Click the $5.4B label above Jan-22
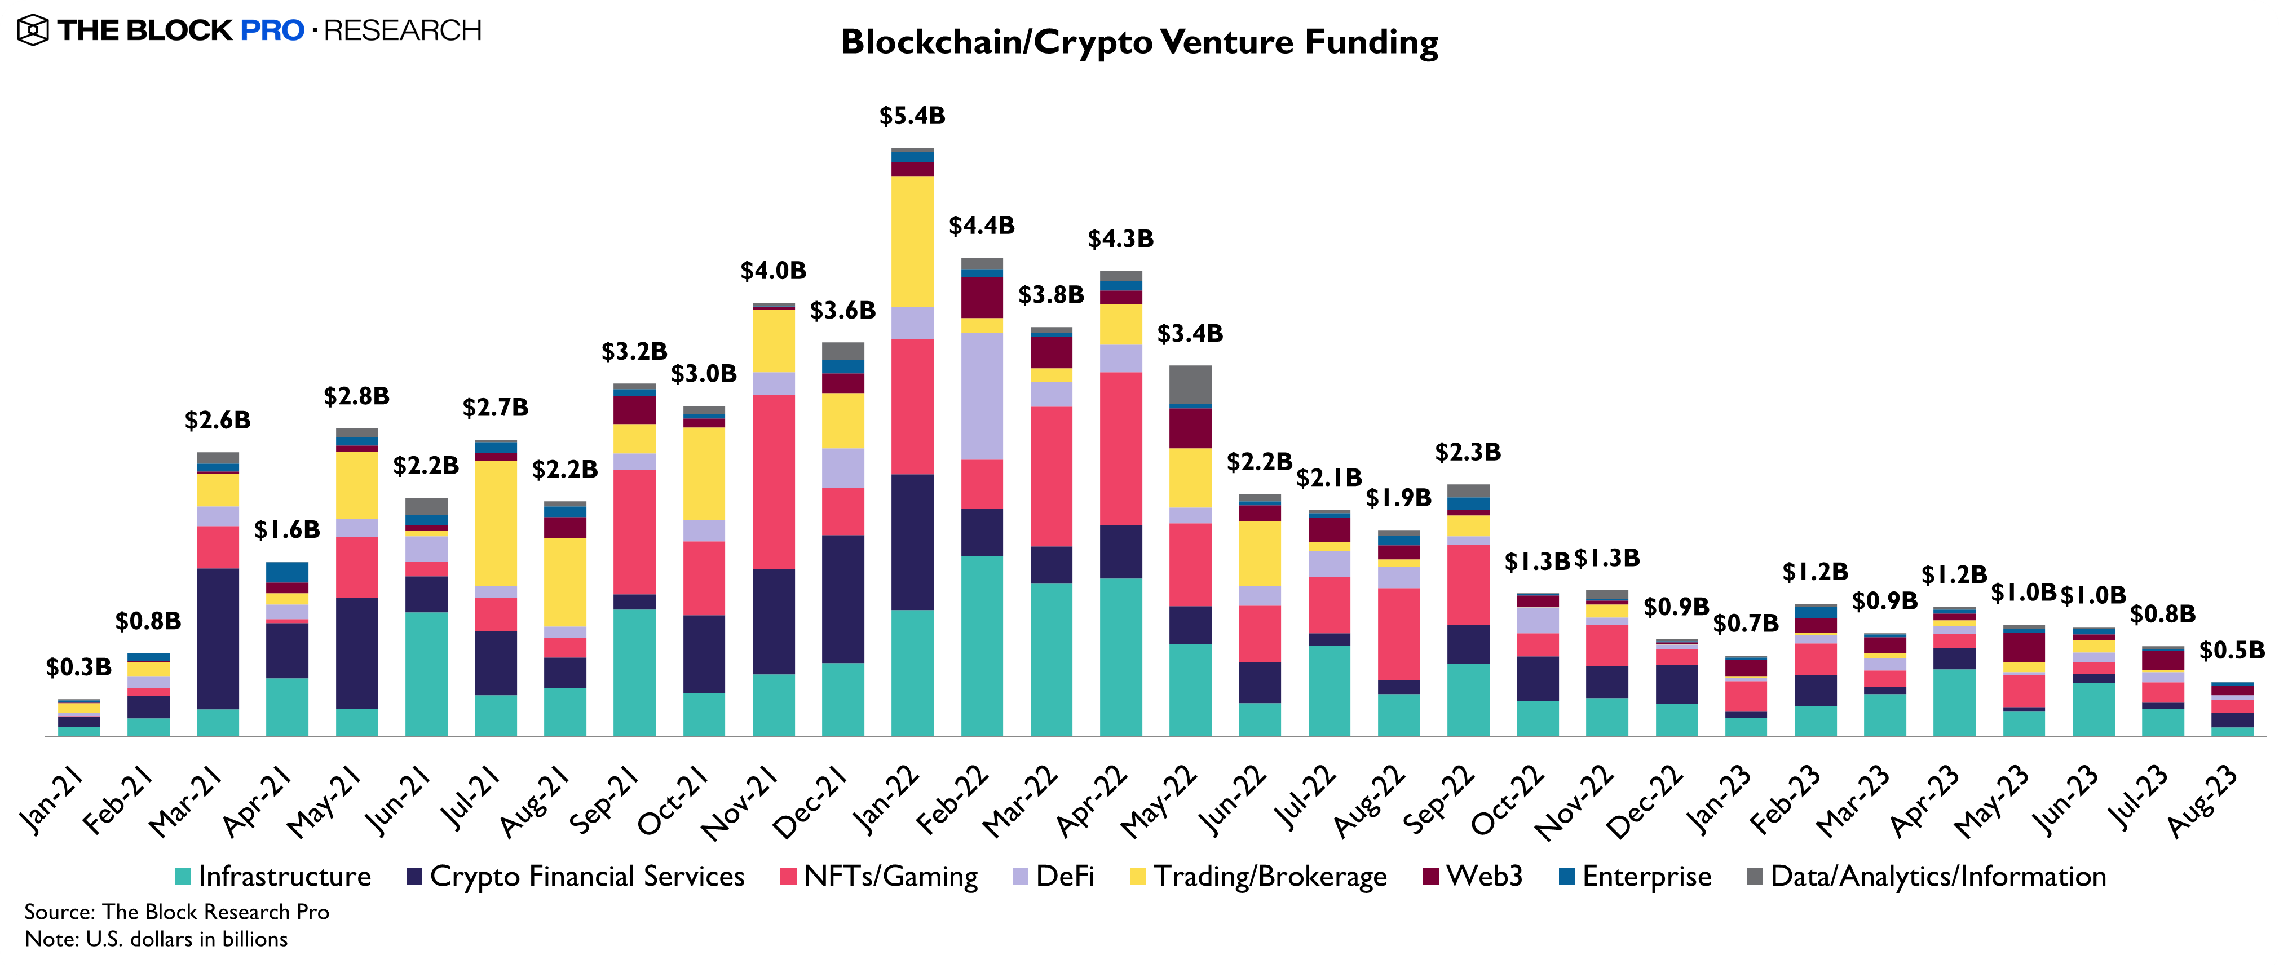(912, 116)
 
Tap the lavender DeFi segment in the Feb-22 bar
(982, 396)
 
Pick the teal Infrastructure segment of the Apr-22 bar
(1121, 657)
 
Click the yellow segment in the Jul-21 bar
(496, 522)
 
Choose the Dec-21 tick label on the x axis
(810, 801)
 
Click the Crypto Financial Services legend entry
(575, 876)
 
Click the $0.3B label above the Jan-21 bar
(79, 667)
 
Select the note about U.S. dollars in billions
(156, 939)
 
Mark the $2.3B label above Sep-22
(1468, 452)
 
